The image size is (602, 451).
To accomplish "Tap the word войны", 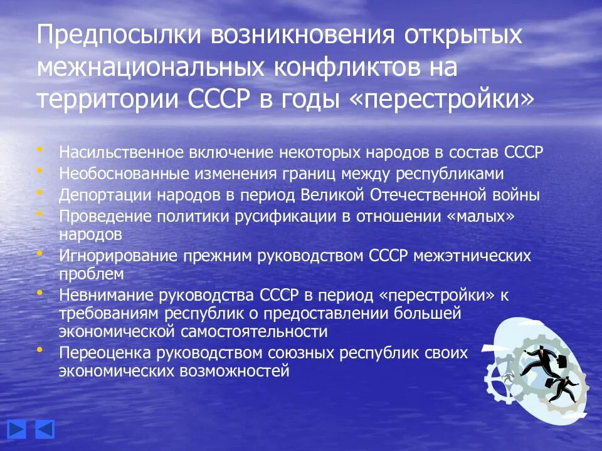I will [517, 194].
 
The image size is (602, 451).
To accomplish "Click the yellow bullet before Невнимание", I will [41, 293].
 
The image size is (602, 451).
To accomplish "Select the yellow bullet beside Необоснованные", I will [41, 170].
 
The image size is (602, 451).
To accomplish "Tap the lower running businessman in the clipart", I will [560, 388].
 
